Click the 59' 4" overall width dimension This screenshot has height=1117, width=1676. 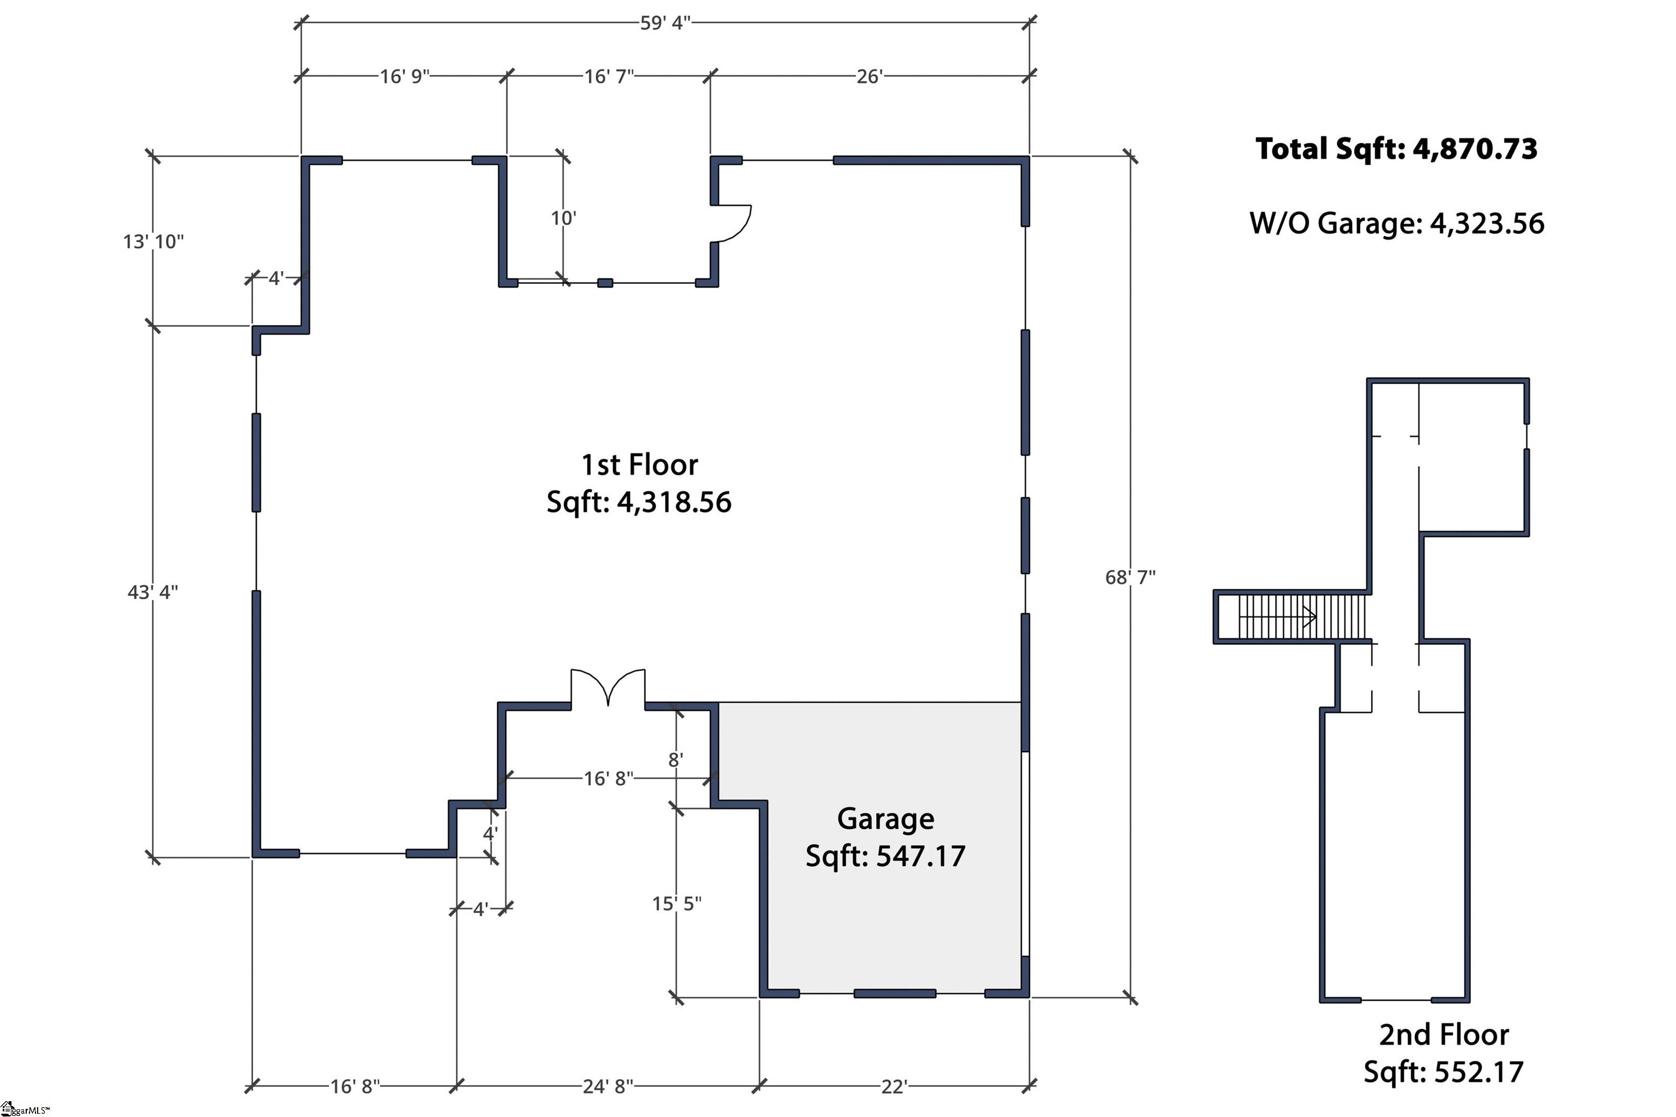pos(665,23)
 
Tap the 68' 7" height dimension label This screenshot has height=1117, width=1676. pos(1130,577)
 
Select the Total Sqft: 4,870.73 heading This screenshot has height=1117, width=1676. pos(1396,149)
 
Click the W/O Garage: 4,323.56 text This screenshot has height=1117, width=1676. pos(1396,224)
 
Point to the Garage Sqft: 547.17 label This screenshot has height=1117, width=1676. pos(885,837)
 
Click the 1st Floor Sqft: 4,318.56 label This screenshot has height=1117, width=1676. pos(639,483)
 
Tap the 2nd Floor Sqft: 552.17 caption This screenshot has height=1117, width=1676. pos(1443,1053)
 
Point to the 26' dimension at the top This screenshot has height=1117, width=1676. pos(869,76)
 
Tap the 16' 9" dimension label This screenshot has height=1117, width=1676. pos(404,76)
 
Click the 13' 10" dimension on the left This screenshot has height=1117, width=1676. pos(153,242)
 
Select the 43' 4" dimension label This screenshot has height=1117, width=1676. pos(152,592)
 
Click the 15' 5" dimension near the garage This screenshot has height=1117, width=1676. pos(677,903)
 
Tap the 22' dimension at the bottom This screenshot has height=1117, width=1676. pos(893,1086)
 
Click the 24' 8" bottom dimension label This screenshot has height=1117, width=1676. pos(608,1086)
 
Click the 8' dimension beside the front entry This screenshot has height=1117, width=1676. pos(675,760)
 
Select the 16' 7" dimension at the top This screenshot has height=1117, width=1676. pos(608,76)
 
